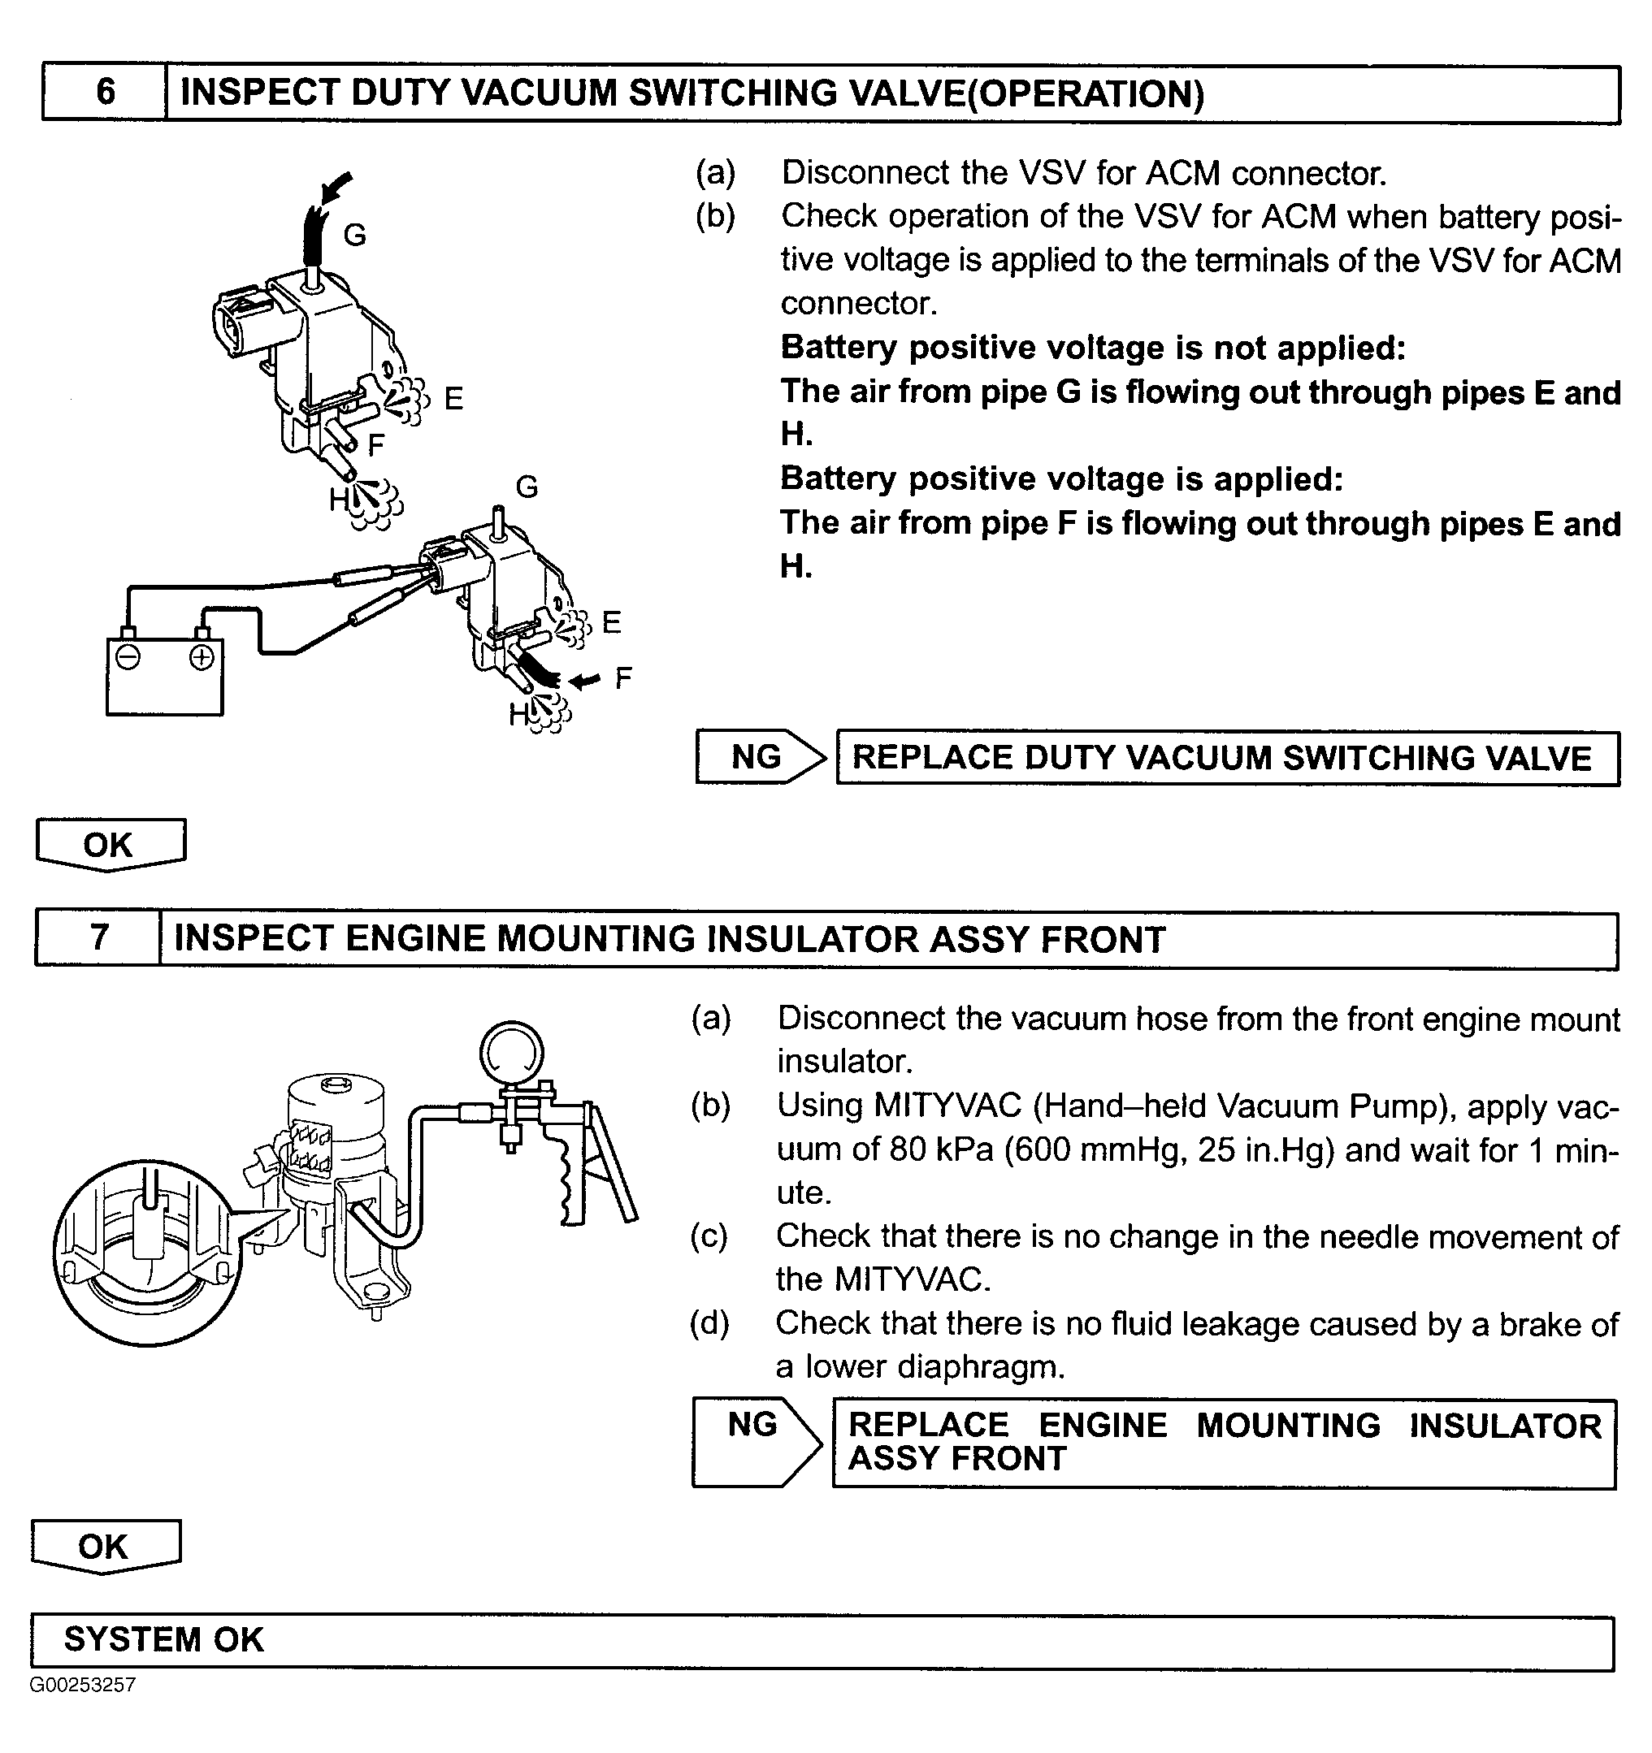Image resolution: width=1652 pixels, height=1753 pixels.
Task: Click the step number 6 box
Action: [x=105, y=92]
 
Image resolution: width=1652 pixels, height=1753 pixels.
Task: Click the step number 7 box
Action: [x=99, y=938]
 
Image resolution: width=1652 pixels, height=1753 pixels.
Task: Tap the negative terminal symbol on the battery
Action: [x=128, y=658]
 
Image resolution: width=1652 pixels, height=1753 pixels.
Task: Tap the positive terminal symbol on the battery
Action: [x=202, y=658]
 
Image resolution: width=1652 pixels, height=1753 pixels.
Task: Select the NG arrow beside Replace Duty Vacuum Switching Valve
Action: [x=761, y=756]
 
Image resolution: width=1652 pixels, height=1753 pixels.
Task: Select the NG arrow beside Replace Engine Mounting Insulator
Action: [x=757, y=1443]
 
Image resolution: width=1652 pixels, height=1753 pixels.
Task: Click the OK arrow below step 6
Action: [x=110, y=845]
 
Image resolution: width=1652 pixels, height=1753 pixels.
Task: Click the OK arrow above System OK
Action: [x=105, y=1546]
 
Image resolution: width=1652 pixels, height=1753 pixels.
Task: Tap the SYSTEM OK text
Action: [x=164, y=1639]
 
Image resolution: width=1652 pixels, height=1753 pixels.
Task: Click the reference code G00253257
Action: [x=83, y=1685]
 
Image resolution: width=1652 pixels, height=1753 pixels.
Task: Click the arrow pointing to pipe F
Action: [x=585, y=680]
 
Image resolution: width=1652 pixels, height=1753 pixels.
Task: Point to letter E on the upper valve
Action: [x=453, y=400]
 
